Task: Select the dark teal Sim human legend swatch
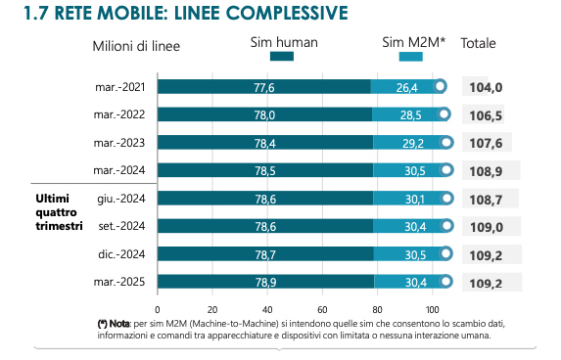(281, 57)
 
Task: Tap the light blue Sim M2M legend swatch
(411, 57)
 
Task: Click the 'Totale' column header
(478, 43)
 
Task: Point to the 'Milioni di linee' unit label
(136, 45)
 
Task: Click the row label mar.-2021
(118, 87)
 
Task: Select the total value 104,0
(486, 87)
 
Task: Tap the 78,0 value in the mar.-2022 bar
(264, 115)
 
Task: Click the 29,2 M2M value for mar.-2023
(413, 143)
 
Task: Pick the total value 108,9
(486, 170)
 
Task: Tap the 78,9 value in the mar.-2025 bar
(265, 283)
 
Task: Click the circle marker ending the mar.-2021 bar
(441, 87)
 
